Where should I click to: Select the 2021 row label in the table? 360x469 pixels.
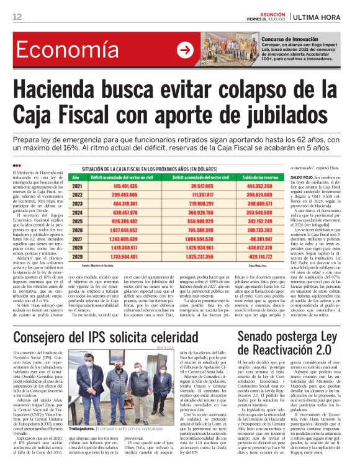click(78, 185)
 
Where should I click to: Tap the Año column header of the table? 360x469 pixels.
click(78, 177)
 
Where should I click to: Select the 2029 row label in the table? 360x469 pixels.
click(78, 256)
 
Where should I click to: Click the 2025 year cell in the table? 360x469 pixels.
click(78, 220)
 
